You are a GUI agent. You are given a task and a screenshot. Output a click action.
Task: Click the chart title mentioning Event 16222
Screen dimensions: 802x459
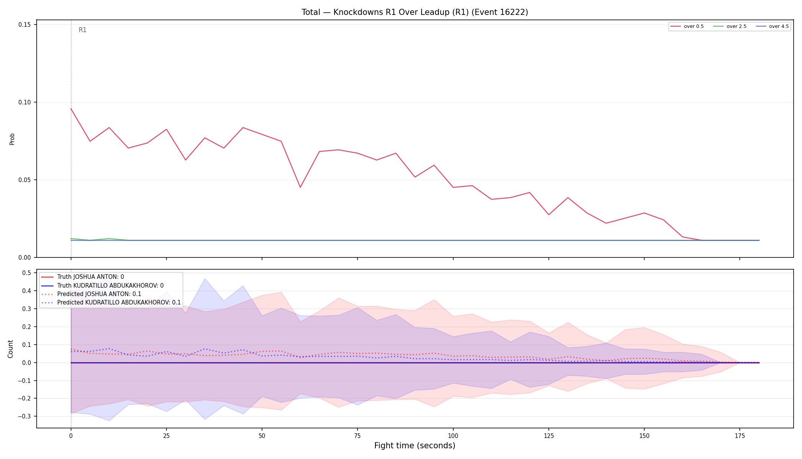tap(415, 12)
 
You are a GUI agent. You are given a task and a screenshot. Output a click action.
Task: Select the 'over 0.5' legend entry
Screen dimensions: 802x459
tap(687, 26)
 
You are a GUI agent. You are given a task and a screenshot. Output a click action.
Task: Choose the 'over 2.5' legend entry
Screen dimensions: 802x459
tap(730, 26)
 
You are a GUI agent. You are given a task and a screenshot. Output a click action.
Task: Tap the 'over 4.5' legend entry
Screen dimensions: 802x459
tap(772, 26)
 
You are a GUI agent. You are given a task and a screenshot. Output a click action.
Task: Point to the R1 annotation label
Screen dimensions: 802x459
tap(82, 30)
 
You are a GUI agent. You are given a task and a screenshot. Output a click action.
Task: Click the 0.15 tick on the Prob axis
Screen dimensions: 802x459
tap(25, 24)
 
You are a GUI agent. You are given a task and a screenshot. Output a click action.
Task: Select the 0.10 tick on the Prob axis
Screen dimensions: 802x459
tap(25, 102)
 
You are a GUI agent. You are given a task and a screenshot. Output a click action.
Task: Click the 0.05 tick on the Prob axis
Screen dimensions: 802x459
tap(25, 180)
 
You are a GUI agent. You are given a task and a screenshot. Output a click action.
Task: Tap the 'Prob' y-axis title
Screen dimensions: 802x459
tap(12, 139)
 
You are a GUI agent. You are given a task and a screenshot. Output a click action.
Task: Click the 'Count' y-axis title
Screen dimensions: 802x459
tap(10, 349)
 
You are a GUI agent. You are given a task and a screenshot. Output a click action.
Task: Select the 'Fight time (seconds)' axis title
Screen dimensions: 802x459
tap(415, 446)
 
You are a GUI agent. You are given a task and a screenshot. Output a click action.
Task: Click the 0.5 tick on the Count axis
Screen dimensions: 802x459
tap(26, 273)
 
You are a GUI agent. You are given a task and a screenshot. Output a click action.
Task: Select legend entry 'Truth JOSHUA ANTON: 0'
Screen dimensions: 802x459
tap(82, 277)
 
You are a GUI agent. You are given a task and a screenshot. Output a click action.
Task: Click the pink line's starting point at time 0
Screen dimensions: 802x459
tap(71, 109)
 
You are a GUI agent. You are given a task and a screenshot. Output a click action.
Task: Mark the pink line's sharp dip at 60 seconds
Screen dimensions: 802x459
tap(300, 187)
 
